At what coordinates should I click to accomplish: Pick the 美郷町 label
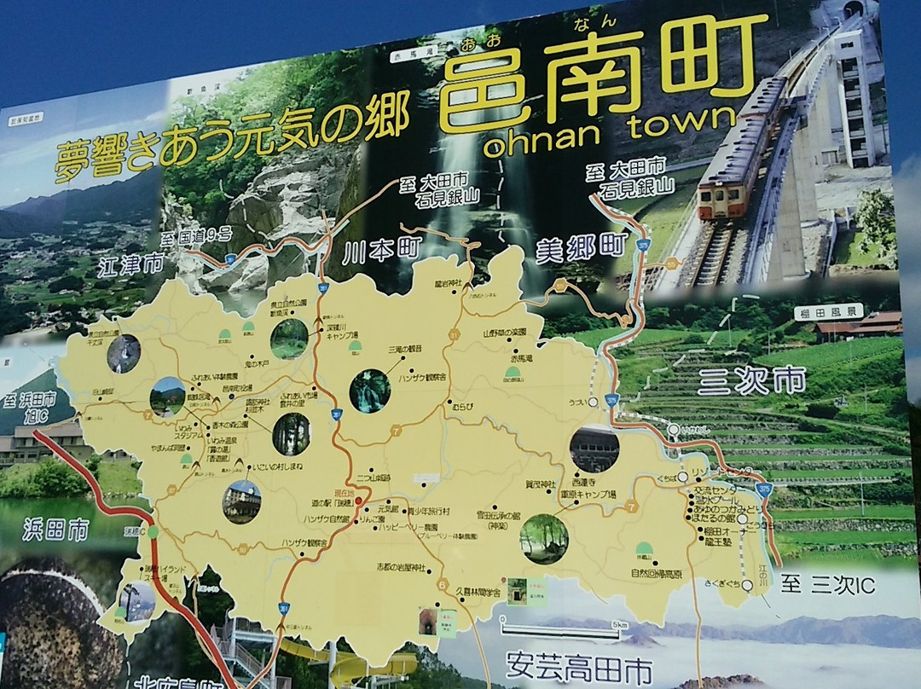point(580,248)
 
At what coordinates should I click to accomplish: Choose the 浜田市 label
point(55,530)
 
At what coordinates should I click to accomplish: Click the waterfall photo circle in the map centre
point(370,391)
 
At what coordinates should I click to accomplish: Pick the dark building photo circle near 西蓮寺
point(594,449)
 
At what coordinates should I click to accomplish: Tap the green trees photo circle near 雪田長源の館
point(544,538)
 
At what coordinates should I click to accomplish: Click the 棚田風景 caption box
point(828,311)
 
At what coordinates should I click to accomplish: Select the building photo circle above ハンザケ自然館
point(241,501)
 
